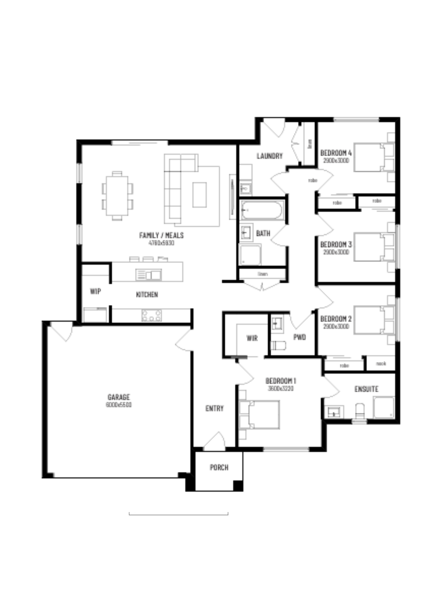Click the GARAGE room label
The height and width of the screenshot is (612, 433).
tap(119, 397)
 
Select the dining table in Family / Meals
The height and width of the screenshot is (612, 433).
tap(117, 196)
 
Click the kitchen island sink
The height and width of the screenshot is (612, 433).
tap(149, 274)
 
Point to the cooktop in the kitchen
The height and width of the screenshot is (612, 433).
tap(151, 315)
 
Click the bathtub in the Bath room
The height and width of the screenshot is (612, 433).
tap(262, 210)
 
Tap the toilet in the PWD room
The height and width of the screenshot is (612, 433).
tap(278, 345)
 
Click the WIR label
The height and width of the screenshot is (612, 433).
tap(252, 338)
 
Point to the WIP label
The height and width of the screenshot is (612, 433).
tap(95, 291)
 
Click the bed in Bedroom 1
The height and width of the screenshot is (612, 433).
tap(263, 415)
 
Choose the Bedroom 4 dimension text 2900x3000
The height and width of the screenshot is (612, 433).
tap(336, 160)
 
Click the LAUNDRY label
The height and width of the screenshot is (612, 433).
tap(269, 156)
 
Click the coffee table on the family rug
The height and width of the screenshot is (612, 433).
tap(200, 195)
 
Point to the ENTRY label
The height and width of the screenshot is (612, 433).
tap(215, 408)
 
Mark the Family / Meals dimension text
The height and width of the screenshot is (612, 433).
tap(161, 243)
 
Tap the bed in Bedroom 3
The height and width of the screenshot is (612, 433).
tap(371, 246)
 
